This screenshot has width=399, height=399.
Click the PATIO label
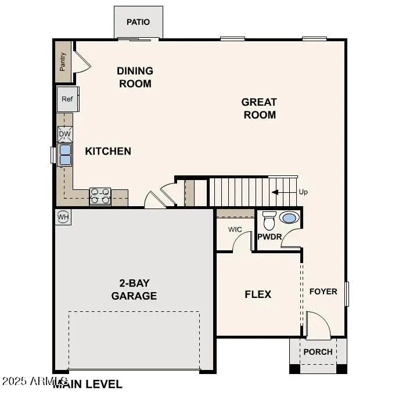click(138, 22)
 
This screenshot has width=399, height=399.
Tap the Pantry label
click(63, 62)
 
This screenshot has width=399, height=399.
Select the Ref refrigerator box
click(67, 99)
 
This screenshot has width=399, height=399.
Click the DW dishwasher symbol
click(64, 135)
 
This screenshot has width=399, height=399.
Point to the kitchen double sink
click(64, 154)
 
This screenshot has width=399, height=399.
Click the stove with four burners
click(100, 196)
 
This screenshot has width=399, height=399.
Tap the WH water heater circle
click(63, 217)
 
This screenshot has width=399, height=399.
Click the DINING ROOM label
click(135, 77)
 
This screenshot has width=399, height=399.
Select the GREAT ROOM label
click(259, 108)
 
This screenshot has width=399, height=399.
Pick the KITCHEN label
click(108, 151)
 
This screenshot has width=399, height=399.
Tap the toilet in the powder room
click(269, 221)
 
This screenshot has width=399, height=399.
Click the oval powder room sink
click(289, 218)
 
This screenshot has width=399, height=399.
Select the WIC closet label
click(235, 229)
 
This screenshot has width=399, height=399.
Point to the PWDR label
click(269, 237)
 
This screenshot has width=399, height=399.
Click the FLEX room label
click(258, 294)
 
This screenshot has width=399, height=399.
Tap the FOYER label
click(323, 292)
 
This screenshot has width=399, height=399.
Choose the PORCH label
click(318, 352)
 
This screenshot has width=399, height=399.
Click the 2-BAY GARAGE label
click(134, 289)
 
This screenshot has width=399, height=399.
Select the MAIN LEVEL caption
click(88, 384)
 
